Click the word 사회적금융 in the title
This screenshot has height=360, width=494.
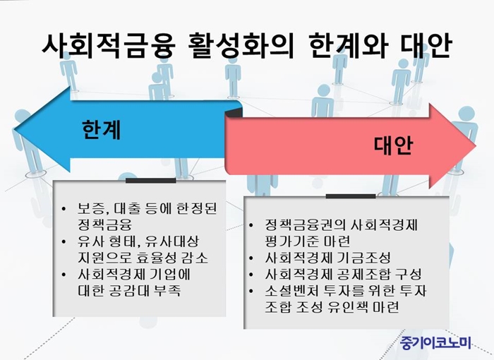pyautogui.click(x=108, y=47)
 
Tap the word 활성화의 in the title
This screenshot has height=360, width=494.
pyautogui.click(x=241, y=47)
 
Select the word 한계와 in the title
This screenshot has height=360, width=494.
pyautogui.click(x=347, y=47)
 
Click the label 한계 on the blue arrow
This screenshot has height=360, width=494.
pyautogui.click(x=102, y=130)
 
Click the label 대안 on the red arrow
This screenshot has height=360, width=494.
pyautogui.click(x=393, y=145)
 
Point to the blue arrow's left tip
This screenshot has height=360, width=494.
pyautogui.click(x=15, y=129)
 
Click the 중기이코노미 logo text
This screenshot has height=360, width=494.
pyautogui.click(x=435, y=342)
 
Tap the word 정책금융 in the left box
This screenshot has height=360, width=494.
pyautogui.click(x=104, y=224)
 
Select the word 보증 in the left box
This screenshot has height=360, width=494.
pyautogui.click(x=91, y=208)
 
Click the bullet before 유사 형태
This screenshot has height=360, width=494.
pyautogui.click(x=64, y=242)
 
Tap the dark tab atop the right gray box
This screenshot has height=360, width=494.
pyautogui.click(x=351, y=196)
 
